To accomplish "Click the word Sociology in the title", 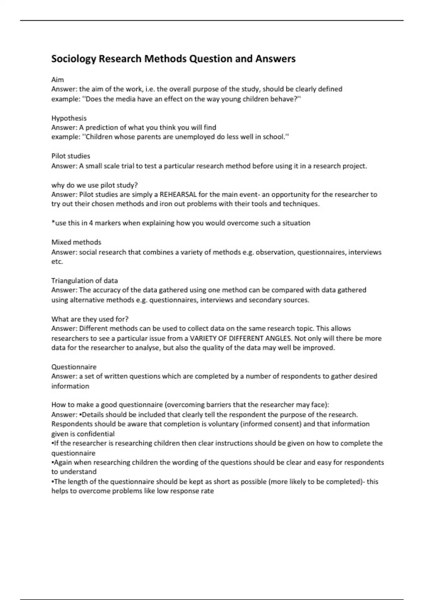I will coord(73,59).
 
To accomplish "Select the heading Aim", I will coord(58,80).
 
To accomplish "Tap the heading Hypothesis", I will coord(69,118).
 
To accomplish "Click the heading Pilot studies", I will coord(71,156).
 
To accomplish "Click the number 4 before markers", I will coord(91,223).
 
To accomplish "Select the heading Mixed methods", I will coord(76,242).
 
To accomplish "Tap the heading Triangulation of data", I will coord(84,281).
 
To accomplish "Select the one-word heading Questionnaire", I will coord(74,367).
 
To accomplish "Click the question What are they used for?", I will coord(90,319).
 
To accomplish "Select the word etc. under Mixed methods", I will coord(57,262).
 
